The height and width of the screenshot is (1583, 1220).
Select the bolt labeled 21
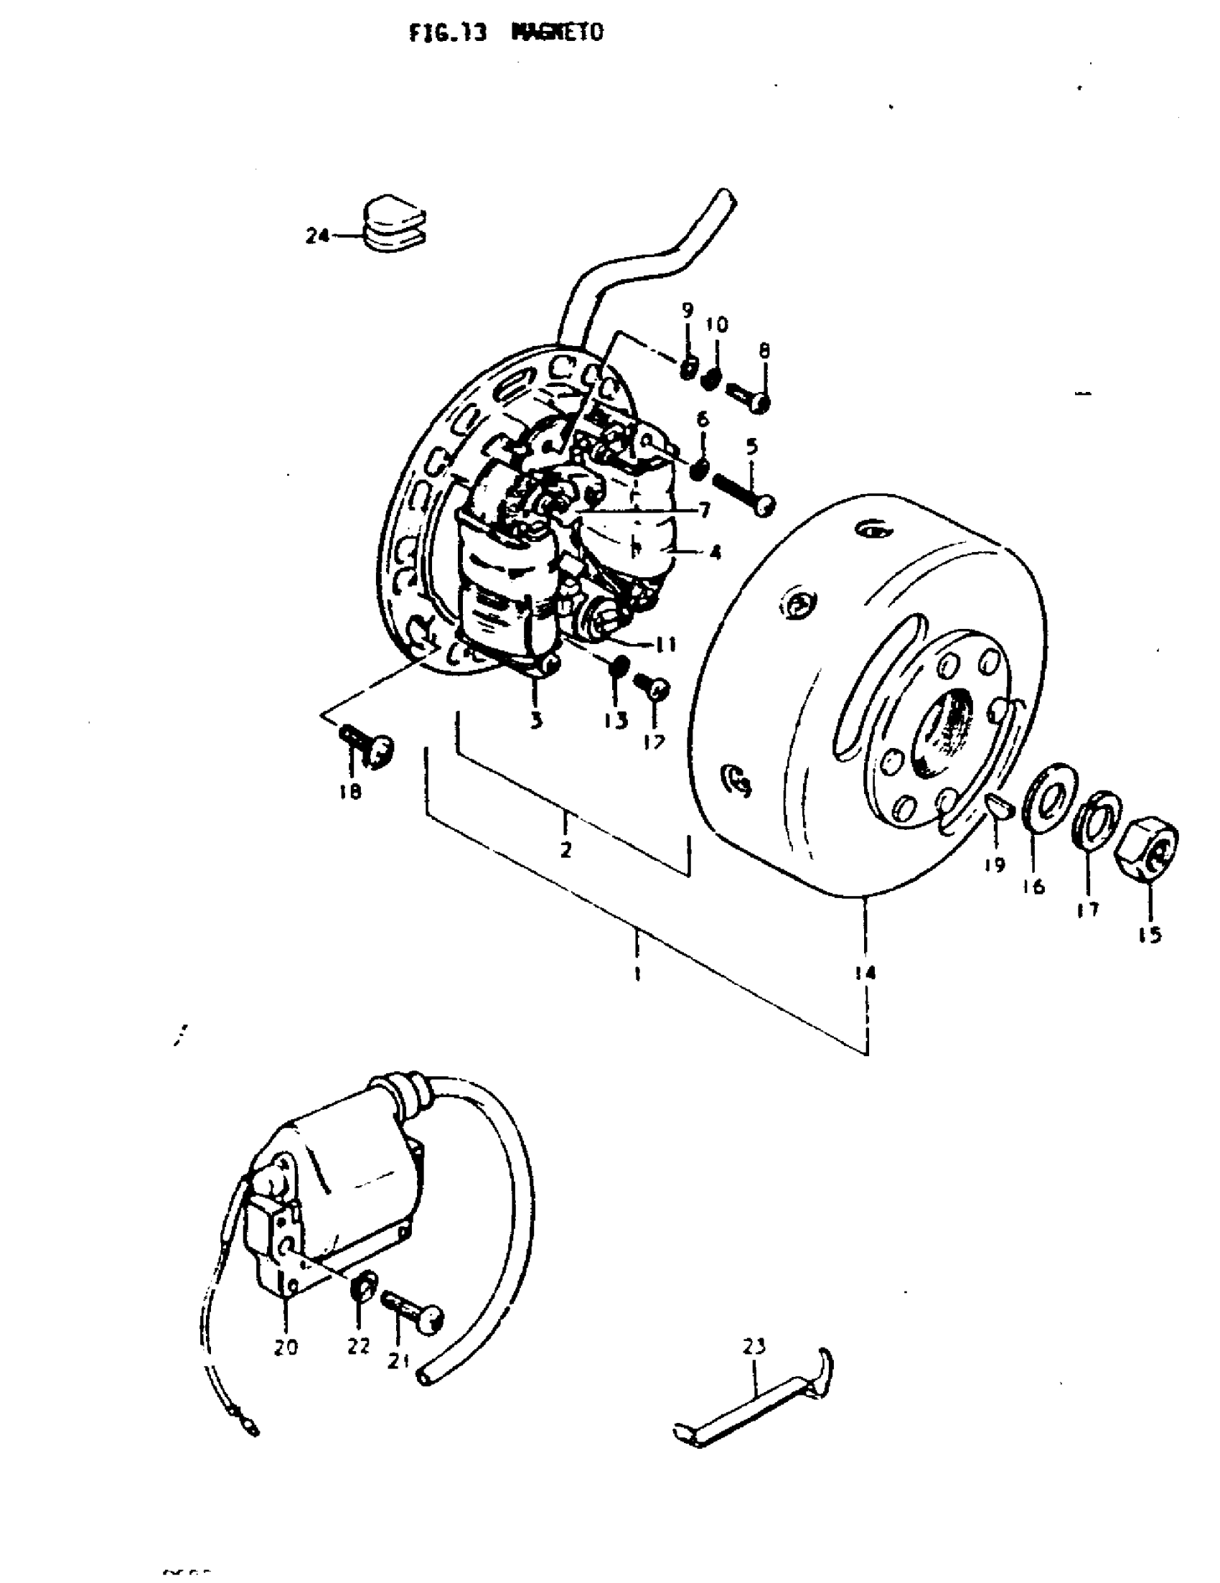tap(412, 1311)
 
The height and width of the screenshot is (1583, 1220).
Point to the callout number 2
tap(566, 849)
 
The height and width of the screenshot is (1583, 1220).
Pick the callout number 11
tap(666, 644)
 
